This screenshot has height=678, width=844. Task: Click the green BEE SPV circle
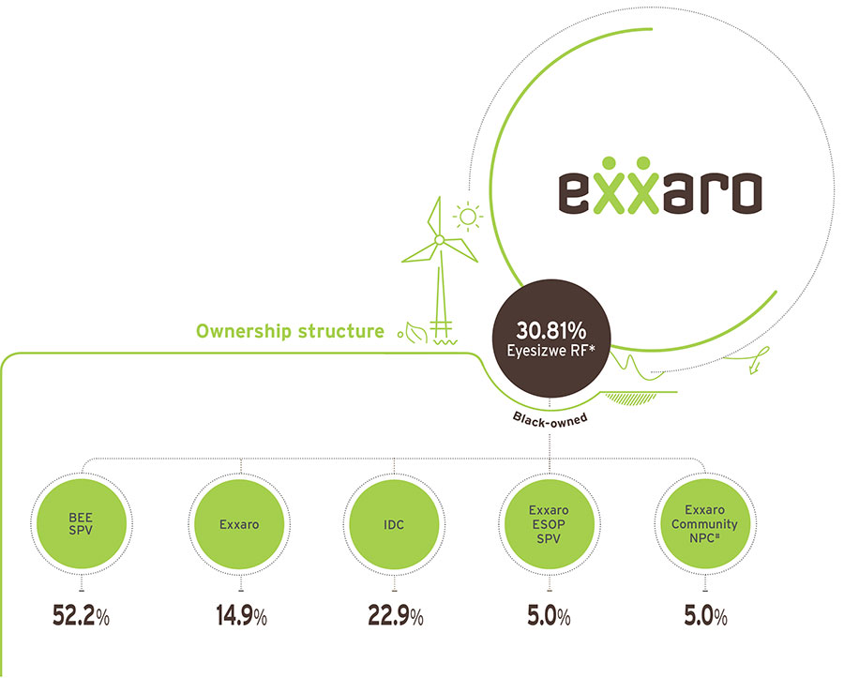pyautogui.click(x=81, y=524)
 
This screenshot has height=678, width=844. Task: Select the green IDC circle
pyautogui.click(x=394, y=524)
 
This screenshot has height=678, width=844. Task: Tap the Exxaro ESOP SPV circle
pyautogui.click(x=549, y=524)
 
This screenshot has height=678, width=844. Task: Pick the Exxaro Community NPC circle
pyautogui.click(x=704, y=524)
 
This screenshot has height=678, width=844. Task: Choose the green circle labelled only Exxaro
pyautogui.click(x=239, y=524)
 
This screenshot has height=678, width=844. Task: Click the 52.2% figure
pyautogui.click(x=81, y=615)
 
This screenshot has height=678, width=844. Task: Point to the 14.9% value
pyautogui.click(x=242, y=615)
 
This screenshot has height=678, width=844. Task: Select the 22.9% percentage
pyautogui.click(x=396, y=615)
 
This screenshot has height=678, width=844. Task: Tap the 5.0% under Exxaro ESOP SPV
pyautogui.click(x=549, y=615)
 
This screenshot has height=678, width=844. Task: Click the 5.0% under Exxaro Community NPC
pyautogui.click(x=705, y=615)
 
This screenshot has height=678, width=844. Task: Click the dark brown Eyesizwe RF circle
pyautogui.click(x=551, y=339)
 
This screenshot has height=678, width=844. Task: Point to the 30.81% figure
pyautogui.click(x=550, y=330)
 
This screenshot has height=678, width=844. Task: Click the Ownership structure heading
pyautogui.click(x=290, y=331)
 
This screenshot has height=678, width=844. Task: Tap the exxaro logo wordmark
pyautogui.click(x=660, y=186)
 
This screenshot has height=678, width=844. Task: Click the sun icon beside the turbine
pyautogui.click(x=468, y=217)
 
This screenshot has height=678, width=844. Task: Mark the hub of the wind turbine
pyautogui.click(x=439, y=239)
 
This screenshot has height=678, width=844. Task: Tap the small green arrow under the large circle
pyautogui.click(x=754, y=368)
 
